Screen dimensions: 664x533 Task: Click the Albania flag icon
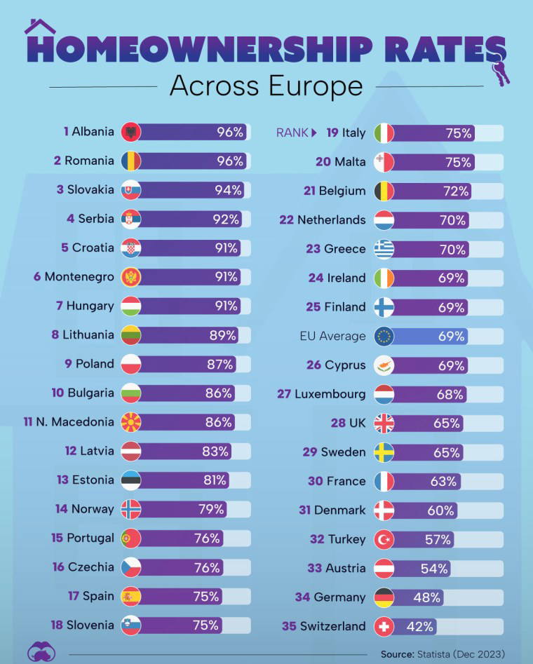131,132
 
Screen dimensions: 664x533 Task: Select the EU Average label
332,336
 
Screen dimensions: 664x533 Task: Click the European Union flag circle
384,336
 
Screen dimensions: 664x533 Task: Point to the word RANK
292,133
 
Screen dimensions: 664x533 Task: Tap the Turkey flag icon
384,539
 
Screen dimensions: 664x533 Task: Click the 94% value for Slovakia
228,190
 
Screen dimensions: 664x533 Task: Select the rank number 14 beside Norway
61,509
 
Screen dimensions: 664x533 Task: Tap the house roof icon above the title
40,27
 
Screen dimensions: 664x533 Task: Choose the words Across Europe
266,87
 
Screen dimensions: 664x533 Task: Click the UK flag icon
384,423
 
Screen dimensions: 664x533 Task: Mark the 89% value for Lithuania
222,335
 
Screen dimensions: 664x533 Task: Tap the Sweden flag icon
384,452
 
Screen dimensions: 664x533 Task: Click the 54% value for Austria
434,569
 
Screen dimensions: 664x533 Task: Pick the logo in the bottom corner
40,651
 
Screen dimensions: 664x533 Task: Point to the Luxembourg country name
330,394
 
